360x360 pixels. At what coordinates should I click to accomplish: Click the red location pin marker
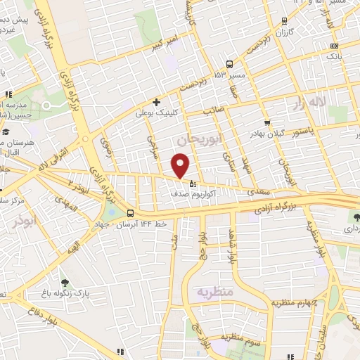click(181, 166)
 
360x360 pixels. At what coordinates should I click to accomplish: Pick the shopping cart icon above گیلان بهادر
click(267, 123)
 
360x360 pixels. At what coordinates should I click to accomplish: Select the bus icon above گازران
click(283, 21)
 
